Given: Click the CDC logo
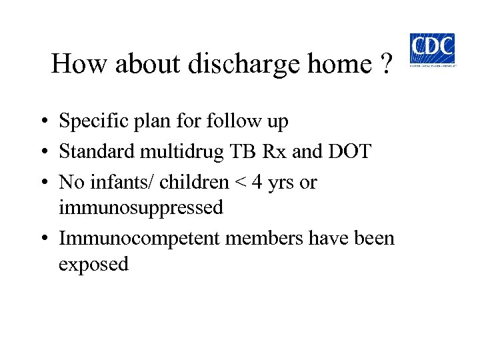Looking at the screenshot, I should pyautogui.click(x=432, y=49).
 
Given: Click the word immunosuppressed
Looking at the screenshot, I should pyautogui.click(x=141, y=207).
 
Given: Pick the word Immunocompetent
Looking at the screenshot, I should pyautogui.click(x=139, y=238).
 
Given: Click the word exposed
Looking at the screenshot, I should pyautogui.click(x=93, y=264).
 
